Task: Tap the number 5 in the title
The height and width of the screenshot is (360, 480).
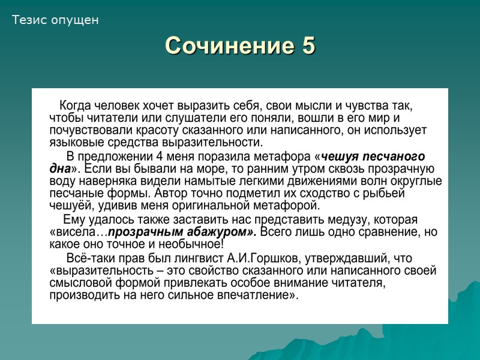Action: coord(307,46)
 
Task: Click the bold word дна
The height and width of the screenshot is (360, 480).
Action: coord(60,168)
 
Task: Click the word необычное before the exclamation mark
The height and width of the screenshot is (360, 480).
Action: coord(193,244)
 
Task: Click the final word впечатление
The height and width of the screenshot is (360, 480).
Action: coord(257,296)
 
